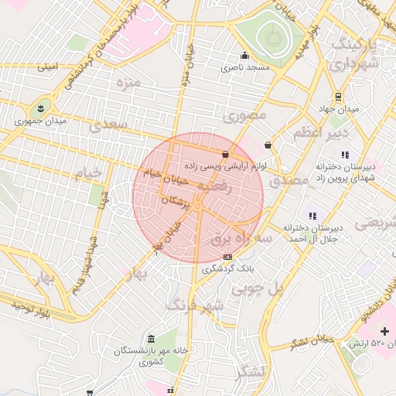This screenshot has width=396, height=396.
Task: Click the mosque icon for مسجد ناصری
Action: (x=245, y=55)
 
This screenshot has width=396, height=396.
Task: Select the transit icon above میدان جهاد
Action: (x=338, y=97)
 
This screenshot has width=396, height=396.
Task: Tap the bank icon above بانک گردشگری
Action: (x=227, y=256)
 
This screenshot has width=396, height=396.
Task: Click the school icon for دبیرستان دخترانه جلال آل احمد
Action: (x=312, y=216)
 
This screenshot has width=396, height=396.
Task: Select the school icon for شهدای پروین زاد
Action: (x=343, y=154)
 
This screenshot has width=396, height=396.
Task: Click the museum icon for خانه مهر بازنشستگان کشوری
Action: (x=150, y=338)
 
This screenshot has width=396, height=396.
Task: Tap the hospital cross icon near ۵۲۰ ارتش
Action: (x=384, y=330)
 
